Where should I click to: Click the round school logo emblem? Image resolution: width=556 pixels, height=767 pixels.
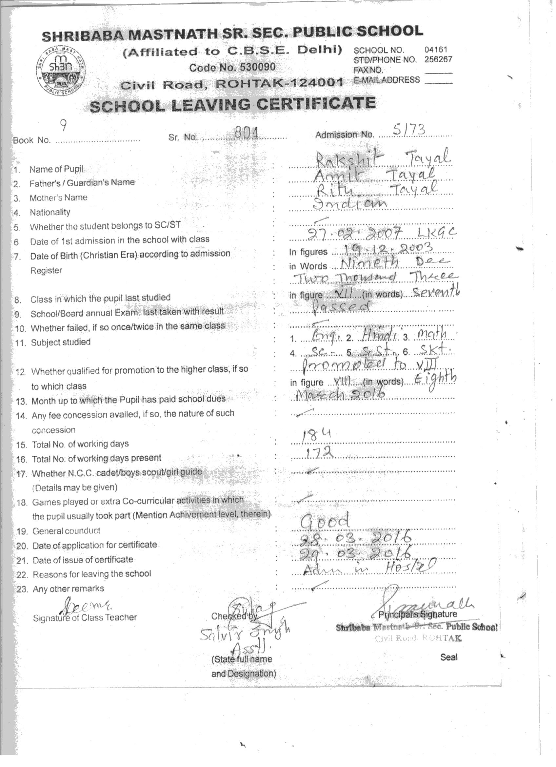coord(61,70)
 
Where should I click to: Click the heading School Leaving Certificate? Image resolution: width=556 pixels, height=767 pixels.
coord(232,105)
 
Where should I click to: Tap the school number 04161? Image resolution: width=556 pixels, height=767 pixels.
coord(436,50)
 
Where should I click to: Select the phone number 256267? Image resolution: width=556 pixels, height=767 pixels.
coord(438,59)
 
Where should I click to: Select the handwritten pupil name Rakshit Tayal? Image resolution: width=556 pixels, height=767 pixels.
coord(382,157)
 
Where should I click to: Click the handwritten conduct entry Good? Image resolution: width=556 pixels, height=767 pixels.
coord(325,521)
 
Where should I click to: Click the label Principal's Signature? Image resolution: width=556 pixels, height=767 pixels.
coord(418,614)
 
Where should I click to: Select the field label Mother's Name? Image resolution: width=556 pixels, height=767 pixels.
coord(58,197)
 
